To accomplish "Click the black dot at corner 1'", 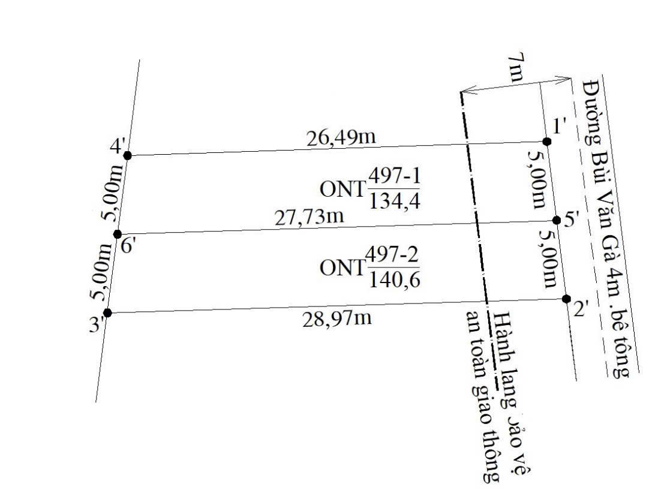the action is coord(547,142).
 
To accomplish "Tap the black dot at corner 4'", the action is coord(128,156).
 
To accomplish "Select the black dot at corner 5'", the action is coord(557,220).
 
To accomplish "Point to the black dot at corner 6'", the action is coord(118,235).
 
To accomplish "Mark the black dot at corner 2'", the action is coord(566,299).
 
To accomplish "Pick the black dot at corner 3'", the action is coord(107,312).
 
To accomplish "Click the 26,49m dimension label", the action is coord(341,138).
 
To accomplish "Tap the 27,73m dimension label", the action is coord(310,217).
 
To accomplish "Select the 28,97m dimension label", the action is coord(337,318).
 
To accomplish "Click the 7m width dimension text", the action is coord(515,68).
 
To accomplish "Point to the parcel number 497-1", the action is coord(394,176).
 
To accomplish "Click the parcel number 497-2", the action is coord(393,255).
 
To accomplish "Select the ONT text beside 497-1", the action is coord(342,190).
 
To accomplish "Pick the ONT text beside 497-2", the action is coord(342,267).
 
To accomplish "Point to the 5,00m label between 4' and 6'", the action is coord(112,193).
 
